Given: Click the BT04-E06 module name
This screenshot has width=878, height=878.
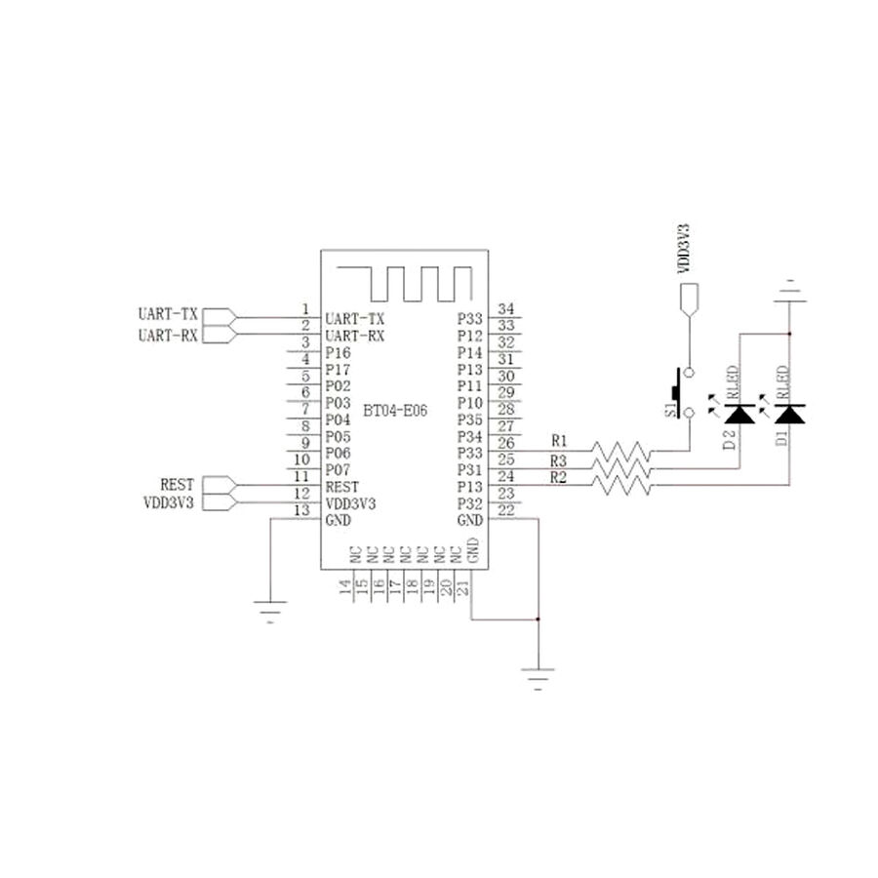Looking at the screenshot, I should coord(395,411).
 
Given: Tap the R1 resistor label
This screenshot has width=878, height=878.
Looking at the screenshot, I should coord(559,440).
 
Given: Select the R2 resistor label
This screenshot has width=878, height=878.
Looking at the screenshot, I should coord(559,477).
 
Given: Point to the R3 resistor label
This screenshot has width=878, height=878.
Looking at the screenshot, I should coord(559,459).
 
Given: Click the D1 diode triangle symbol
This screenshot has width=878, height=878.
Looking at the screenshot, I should coord(789,414).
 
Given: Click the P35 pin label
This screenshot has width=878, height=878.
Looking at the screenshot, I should coord(470,419).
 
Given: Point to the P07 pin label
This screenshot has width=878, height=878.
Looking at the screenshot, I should coord(338,470).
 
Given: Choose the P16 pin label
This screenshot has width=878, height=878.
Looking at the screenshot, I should coord(338,352).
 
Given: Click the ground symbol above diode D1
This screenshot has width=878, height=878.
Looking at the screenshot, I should coord(789,294).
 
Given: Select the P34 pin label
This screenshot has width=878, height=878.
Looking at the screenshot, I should coord(470,436).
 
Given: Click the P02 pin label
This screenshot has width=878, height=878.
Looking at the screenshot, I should coord(338,386).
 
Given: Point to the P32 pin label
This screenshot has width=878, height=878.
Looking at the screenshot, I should coord(470,503).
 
